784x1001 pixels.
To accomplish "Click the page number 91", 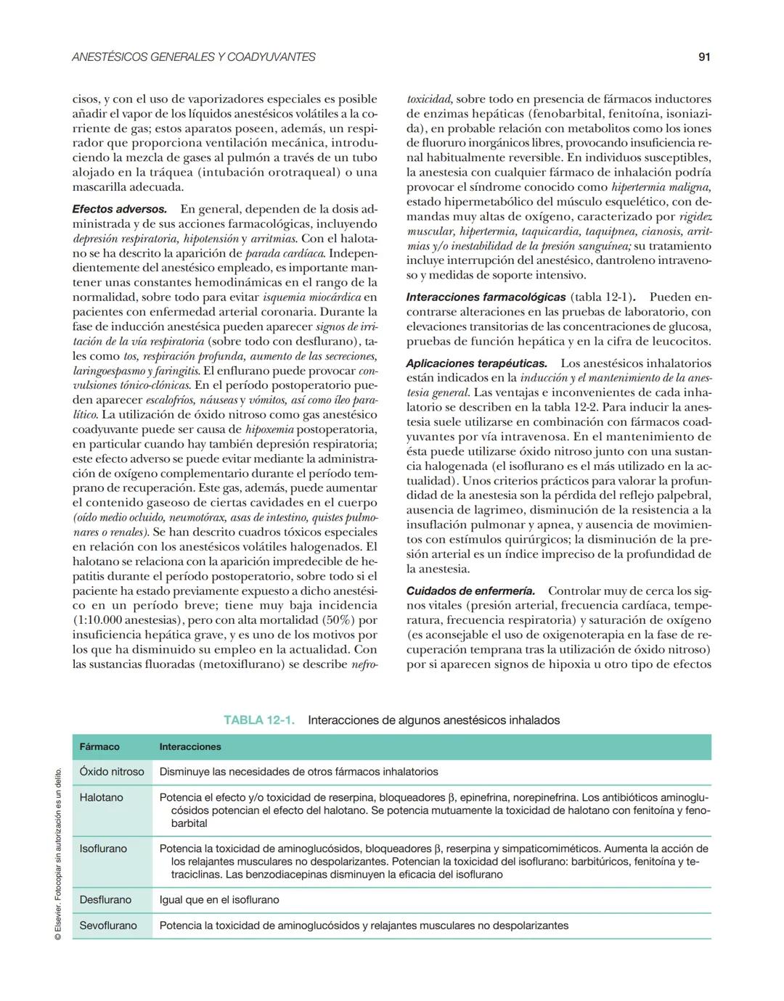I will (x=703, y=57).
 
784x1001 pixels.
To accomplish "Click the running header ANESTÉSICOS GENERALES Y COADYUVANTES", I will (x=194, y=57).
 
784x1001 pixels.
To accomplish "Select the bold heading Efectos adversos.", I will (x=120, y=209).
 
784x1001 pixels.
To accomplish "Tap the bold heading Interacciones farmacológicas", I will (x=486, y=297).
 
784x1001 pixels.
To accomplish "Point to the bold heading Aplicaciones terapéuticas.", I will (x=477, y=363).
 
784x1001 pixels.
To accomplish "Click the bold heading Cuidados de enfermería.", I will (x=470, y=590).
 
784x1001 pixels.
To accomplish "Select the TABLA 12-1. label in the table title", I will (x=259, y=720).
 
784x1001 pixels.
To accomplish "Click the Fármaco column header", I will (x=99, y=746).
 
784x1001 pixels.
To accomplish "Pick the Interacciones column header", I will (x=190, y=746).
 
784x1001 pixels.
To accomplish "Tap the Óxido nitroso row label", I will (x=112, y=772).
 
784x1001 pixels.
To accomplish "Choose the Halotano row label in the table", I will (x=101, y=797).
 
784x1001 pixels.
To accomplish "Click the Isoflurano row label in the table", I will (x=103, y=848).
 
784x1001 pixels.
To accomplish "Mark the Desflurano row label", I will (x=105, y=899).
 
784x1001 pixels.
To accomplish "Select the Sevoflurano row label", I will (x=108, y=926).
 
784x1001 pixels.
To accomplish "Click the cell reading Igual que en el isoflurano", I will (x=219, y=899).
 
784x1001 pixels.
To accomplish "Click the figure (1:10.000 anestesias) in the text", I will (x=131, y=620).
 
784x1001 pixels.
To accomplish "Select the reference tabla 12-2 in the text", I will (x=567, y=407).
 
